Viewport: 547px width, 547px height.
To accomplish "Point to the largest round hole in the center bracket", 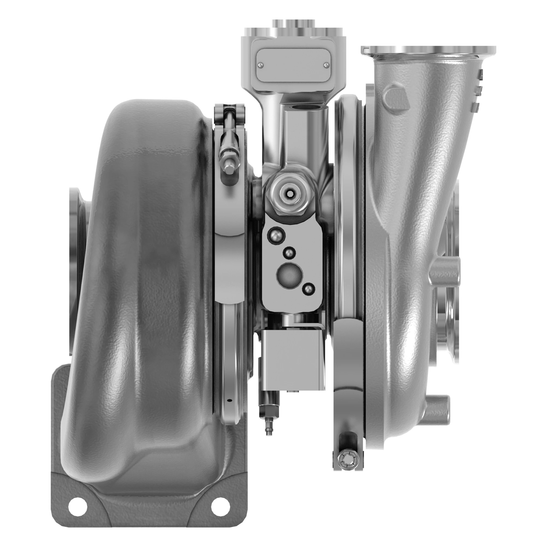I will pos(289,274).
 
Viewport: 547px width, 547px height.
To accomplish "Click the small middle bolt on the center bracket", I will pos(289,253).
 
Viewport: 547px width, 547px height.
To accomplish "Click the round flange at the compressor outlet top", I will pos(428,51).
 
